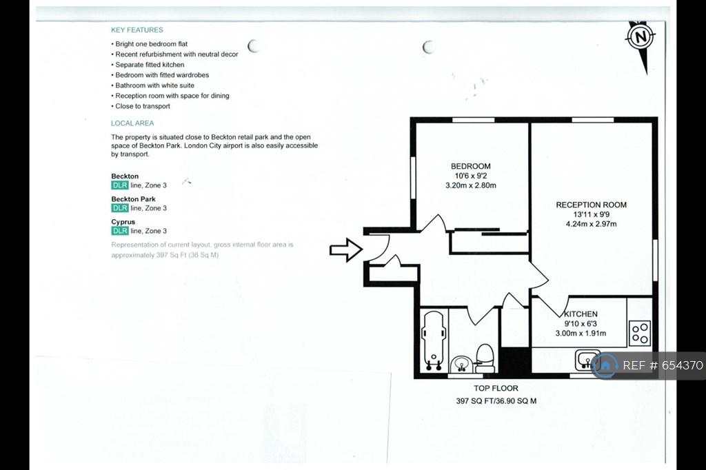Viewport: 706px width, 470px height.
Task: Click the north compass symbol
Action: pos(641,37)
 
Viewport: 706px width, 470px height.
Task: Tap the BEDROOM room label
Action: pos(470,166)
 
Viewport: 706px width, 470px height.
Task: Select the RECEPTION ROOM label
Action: pos(591,205)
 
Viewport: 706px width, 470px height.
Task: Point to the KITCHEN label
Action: pos(581,314)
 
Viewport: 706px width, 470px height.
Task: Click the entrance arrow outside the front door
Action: pos(346,249)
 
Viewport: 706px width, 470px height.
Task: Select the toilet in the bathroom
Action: pos(485,358)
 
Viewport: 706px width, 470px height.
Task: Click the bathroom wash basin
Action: pos(461,364)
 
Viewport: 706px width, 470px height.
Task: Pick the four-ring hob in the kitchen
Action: pos(640,333)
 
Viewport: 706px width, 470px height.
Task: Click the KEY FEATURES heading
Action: pos(137,30)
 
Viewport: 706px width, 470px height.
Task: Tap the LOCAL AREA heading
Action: pos(132,123)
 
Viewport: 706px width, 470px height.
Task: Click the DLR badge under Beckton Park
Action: pos(120,208)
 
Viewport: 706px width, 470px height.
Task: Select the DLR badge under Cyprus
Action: pos(120,231)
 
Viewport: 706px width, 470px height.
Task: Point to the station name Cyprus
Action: pos(123,222)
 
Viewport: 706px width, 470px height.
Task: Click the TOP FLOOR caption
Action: pos(496,388)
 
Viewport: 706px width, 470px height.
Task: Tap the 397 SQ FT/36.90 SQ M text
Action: pos(496,400)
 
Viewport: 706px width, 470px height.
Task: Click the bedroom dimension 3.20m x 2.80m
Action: pos(470,185)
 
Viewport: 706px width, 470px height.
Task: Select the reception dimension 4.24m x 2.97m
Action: pos(591,224)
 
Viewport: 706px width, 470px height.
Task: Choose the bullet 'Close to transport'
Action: pos(141,106)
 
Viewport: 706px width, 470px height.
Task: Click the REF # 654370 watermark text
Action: pos(663,365)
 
